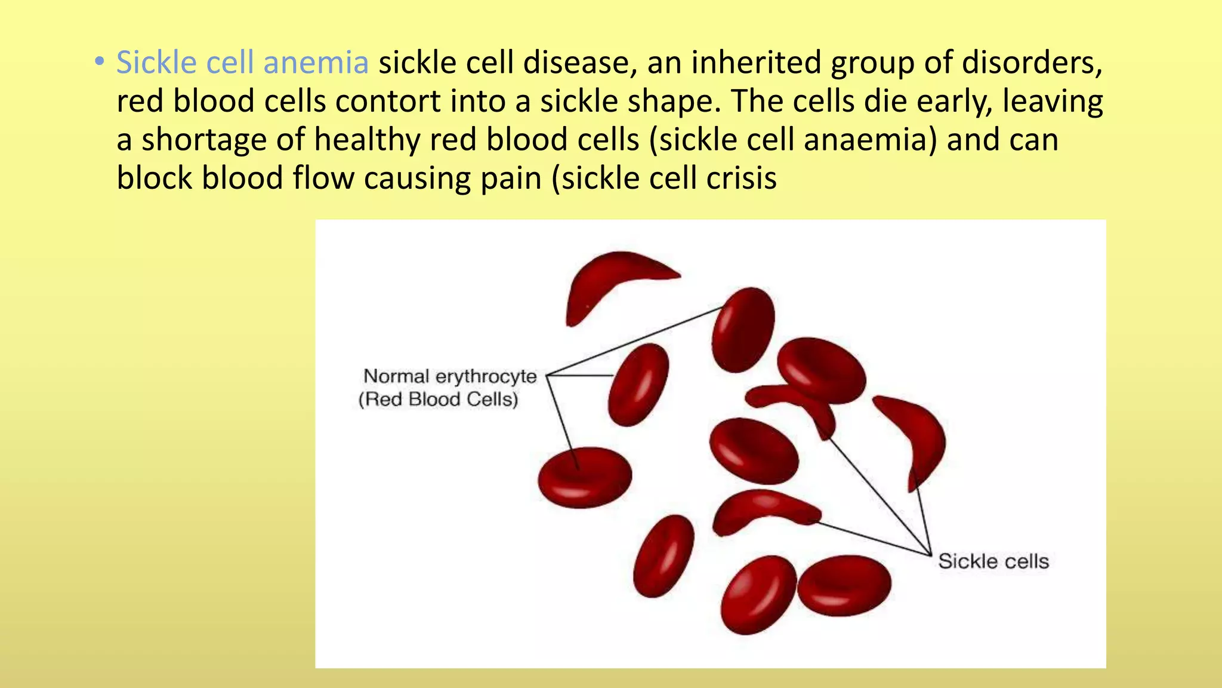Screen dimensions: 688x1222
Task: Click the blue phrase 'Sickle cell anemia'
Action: coord(242,63)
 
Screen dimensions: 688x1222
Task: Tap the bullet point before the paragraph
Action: coord(100,62)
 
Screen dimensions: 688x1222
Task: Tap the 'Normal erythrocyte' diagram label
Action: coord(450,376)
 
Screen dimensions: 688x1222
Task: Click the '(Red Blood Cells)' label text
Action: coord(439,399)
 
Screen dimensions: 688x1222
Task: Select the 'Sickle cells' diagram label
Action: coord(993,561)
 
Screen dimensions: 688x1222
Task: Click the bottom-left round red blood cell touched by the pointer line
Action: coord(584,477)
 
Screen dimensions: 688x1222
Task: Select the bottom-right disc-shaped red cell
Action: coord(844,585)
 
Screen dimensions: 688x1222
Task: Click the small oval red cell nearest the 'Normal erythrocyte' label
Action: coord(638,385)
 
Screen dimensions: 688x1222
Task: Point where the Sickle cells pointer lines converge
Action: coord(930,554)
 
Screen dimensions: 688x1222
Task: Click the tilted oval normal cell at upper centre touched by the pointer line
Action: coord(743,330)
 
